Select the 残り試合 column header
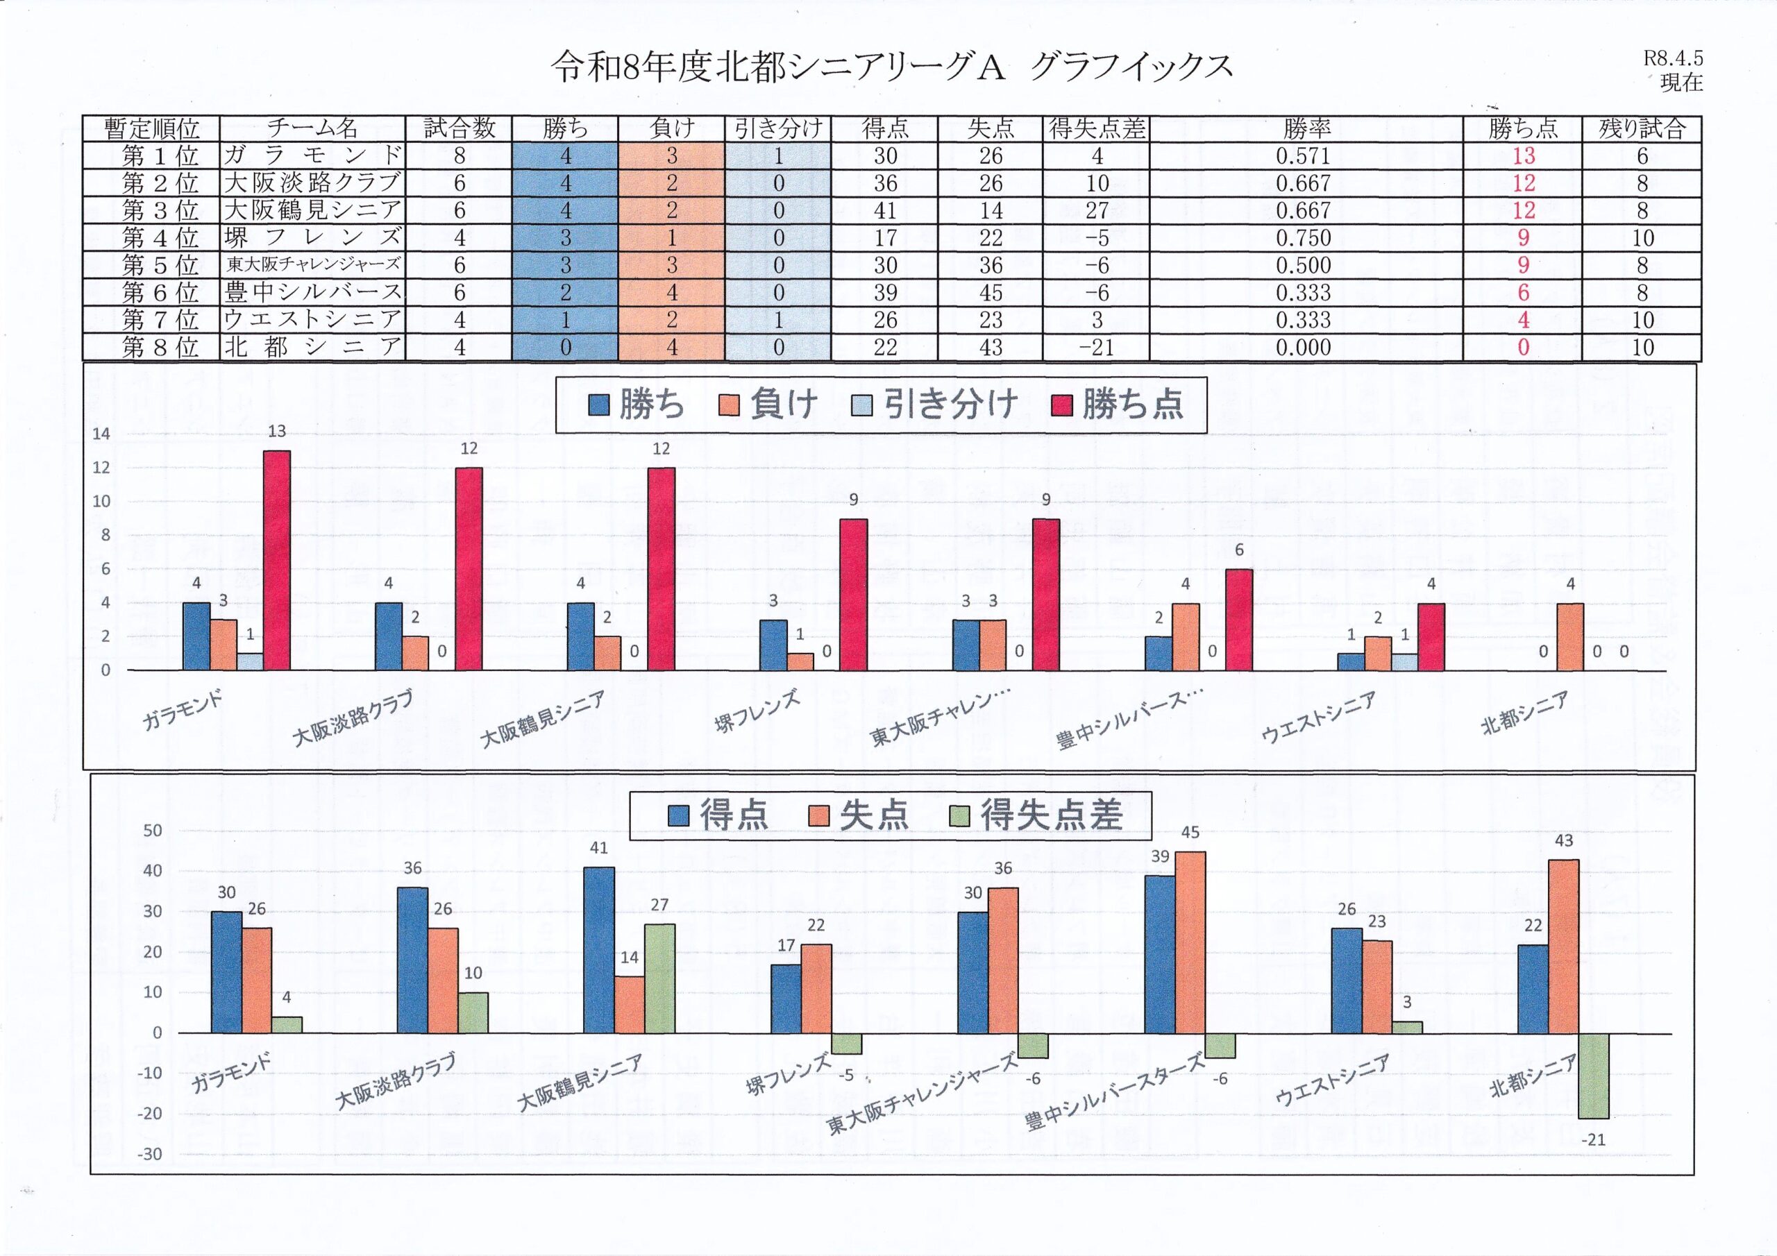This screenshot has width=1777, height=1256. click(1641, 128)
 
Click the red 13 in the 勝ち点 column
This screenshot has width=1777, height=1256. click(1522, 155)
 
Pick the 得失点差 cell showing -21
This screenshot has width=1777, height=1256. click(1096, 348)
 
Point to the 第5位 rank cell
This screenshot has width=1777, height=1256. click(152, 264)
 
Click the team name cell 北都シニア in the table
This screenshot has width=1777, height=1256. click(312, 348)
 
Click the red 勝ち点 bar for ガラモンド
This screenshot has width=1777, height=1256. click(276, 560)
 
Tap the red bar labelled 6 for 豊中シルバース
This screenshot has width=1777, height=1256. click(1238, 619)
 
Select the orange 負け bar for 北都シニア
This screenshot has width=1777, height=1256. click(1569, 636)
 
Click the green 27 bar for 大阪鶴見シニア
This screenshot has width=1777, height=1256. click(659, 978)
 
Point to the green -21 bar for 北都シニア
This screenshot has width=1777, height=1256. click(1594, 1076)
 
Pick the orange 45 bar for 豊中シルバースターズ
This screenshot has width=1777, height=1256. click(1190, 942)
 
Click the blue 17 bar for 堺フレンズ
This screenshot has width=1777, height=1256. click(786, 999)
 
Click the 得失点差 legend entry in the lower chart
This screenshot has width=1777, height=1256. click(1037, 815)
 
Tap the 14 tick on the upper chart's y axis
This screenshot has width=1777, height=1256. click(101, 434)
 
